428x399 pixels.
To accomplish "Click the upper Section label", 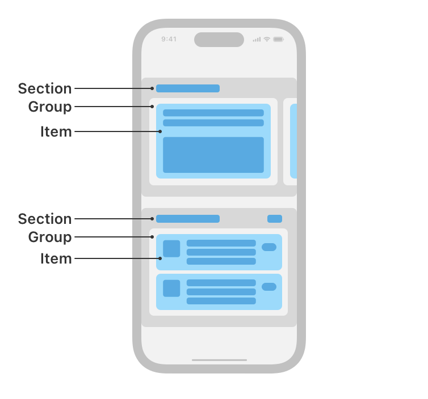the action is pyautogui.click(x=45, y=88).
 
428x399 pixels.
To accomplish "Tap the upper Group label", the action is pyautogui.click(x=50, y=107).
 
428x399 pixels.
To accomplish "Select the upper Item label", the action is pyautogui.click(x=56, y=131).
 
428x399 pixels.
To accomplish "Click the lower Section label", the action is pyautogui.click(x=45, y=219).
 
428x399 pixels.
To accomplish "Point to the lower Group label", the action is pyautogui.click(x=50, y=237).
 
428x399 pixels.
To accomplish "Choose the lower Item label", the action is pyautogui.click(x=56, y=258).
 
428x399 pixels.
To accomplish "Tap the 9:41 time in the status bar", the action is pyautogui.click(x=169, y=39).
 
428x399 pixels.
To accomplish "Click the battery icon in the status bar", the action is pyautogui.click(x=278, y=39).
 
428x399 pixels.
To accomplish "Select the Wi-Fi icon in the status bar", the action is pyautogui.click(x=267, y=39).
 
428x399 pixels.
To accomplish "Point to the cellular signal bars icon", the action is pyautogui.click(x=257, y=39).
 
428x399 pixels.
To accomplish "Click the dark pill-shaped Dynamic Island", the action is pyautogui.click(x=219, y=40).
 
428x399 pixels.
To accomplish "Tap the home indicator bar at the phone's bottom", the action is pyautogui.click(x=219, y=360).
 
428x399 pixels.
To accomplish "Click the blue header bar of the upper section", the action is pyautogui.click(x=188, y=88).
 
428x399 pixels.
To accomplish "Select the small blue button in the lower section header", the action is pyautogui.click(x=275, y=219).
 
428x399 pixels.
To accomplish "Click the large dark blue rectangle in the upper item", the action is pyautogui.click(x=213, y=155).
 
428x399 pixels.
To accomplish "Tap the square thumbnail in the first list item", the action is pyautogui.click(x=171, y=249).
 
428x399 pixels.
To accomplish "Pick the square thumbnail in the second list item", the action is pyautogui.click(x=171, y=288).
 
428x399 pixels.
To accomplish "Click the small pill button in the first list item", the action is pyautogui.click(x=269, y=247).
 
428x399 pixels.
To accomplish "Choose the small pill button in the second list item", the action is pyautogui.click(x=269, y=287).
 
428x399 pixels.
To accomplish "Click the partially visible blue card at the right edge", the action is pyautogui.click(x=293, y=141).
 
